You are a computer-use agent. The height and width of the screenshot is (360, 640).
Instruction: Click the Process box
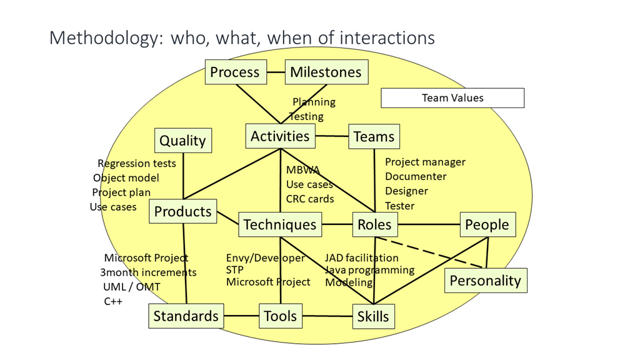coord(236,72)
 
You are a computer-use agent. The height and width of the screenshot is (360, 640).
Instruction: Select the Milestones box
coord(326,72)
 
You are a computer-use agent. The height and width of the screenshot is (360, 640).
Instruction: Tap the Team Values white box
coord(452,98)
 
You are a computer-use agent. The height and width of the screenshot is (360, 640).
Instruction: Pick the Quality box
coord(182,141)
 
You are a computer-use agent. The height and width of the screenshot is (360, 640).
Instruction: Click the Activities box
coord(280,136)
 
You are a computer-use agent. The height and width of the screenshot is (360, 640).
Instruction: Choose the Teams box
coord(374,137)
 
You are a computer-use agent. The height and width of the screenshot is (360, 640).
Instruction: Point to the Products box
coord(183,212)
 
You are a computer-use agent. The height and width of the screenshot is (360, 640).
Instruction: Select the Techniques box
coord(280,224)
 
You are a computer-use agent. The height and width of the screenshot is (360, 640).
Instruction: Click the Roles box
coord(374,224)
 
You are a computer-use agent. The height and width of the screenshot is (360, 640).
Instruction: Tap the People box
coord(487,224)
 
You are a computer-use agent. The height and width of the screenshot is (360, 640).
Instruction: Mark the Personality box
coord(486,281)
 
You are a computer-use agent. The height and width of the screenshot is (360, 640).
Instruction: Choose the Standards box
coord(186,316)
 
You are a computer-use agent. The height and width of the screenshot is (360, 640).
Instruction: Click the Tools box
coord(281,316)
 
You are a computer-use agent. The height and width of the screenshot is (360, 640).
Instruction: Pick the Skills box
coord(373,316)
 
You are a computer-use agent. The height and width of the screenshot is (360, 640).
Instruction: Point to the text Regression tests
coord(137,164)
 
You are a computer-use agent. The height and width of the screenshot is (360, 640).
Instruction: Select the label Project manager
coord(425,162)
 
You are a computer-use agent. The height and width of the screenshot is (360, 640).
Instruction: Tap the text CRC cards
coord(310,199)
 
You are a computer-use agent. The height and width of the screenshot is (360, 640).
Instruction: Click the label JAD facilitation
coord(361,257)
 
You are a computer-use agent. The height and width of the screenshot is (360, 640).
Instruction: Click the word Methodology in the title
coord(103,37)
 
